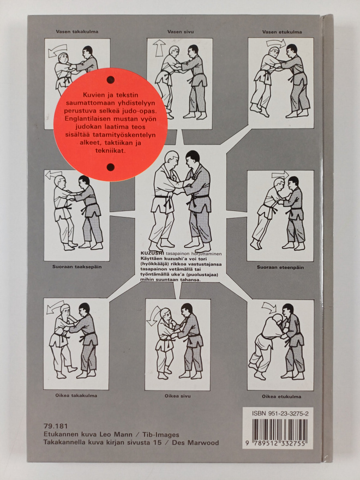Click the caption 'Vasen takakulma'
77,32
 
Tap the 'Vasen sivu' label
181,32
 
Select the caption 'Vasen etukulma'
282,32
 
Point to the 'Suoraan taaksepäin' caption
77,267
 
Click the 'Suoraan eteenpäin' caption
280,267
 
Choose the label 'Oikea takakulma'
76,395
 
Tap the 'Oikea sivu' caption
178,396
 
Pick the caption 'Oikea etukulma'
281,397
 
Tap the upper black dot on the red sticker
111,80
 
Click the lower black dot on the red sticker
111,167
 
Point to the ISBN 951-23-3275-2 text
280,413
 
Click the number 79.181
56,426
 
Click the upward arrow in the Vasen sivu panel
159,48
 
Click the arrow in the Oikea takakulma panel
56,307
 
